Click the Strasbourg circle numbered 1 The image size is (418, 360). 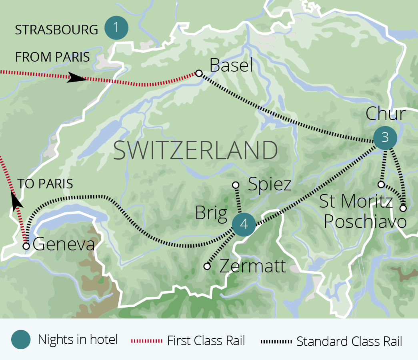point(116,28)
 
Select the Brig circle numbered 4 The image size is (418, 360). point(243,225)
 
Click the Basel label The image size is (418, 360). point(231,65)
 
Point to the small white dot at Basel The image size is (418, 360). point(198,73)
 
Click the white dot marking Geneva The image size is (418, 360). point(26,246)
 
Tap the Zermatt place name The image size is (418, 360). point(253,266)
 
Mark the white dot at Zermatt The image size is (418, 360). point(207,266)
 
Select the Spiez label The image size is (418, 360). point(270,184)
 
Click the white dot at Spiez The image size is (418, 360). point(236,185)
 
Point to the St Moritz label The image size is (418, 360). point(356,202)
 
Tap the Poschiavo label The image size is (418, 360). point(365,222)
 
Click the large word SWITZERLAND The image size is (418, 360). point(196,151)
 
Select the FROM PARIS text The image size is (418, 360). point(52,57)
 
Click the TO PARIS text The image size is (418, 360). point(45,184)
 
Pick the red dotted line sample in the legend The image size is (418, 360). point(147,341)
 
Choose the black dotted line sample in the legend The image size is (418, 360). point(276,341)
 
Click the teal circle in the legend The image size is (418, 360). point(21,340)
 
